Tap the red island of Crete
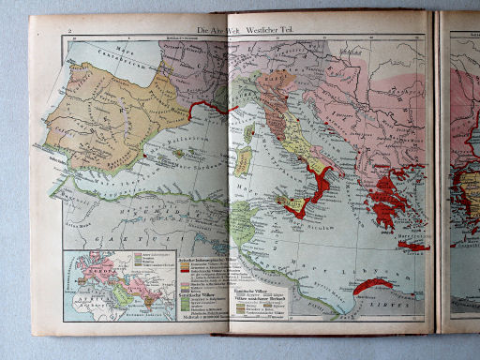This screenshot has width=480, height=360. click(410, 246)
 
